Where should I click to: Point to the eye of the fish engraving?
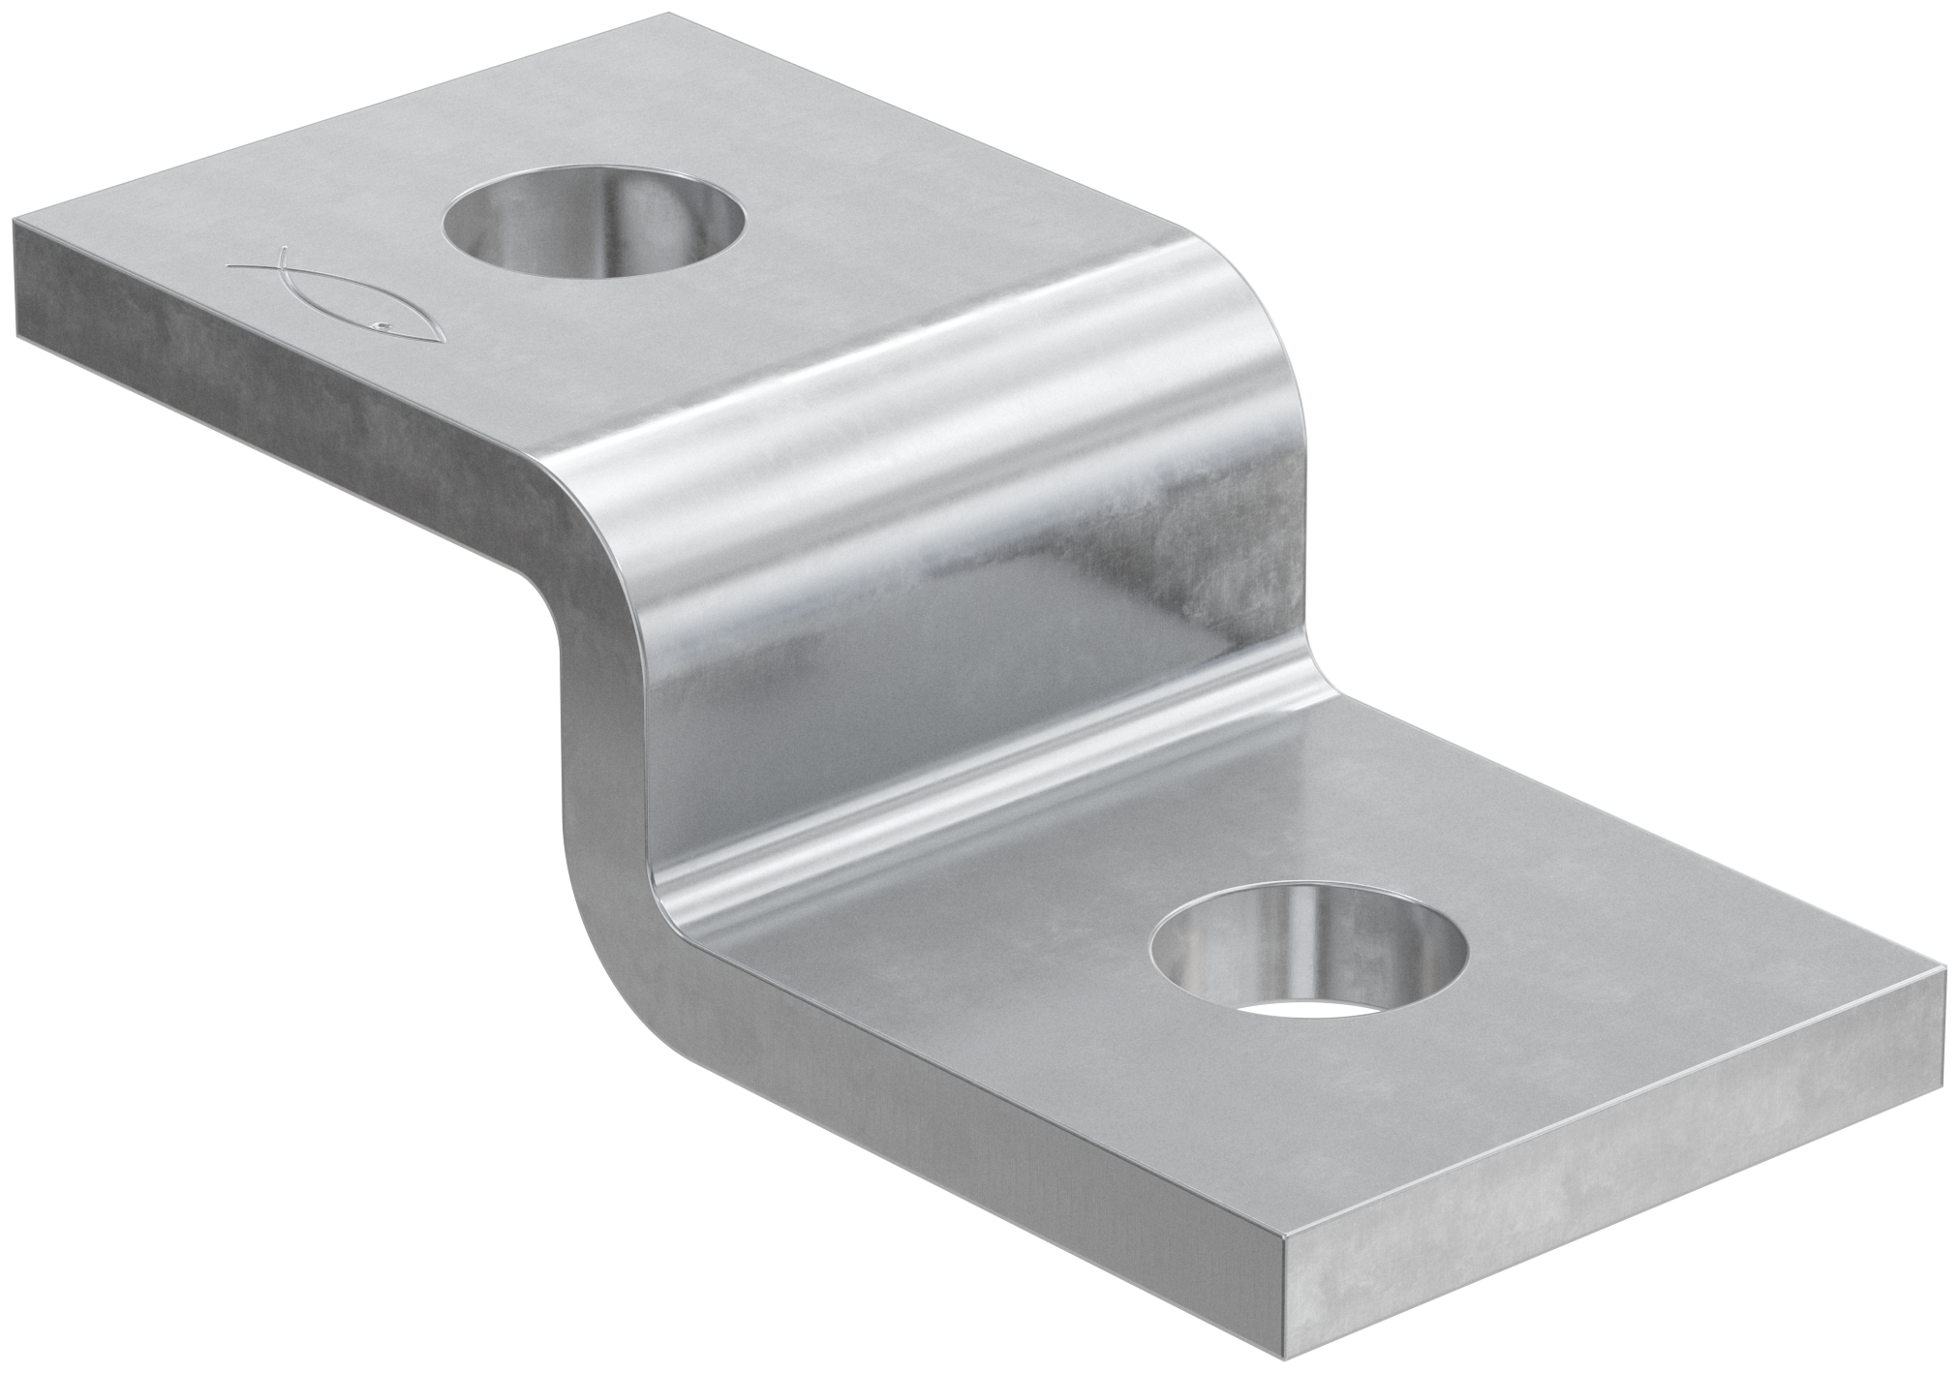[x=384, y=325]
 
